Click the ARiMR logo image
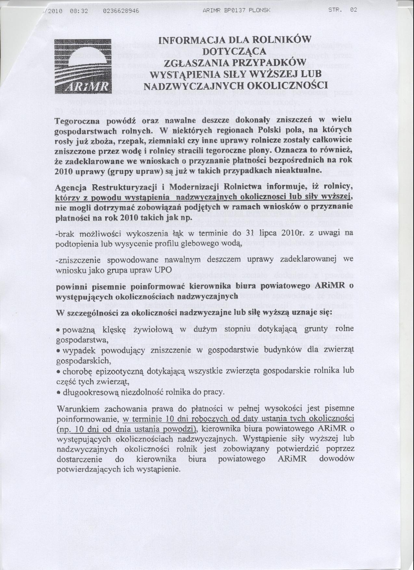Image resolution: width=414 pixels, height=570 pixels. click(x=83, y=66)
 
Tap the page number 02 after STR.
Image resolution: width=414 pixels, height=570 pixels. click(x=353, y=10)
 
